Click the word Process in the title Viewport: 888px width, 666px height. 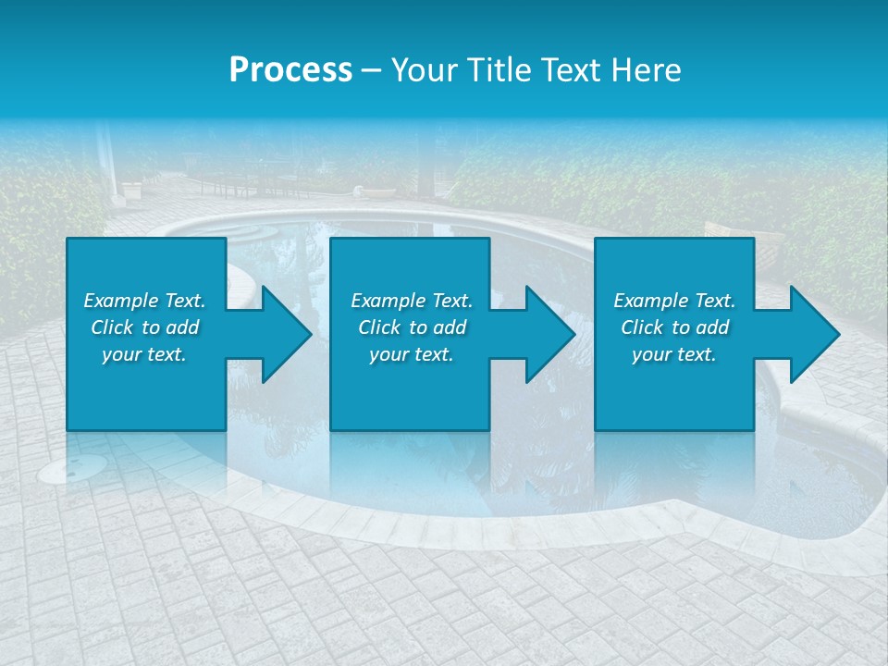[x=290, y=70]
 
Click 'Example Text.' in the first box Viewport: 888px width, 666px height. [x=144, y=301]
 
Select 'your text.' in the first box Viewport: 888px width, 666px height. [x=144, y=354]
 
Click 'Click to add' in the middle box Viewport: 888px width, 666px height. [x=412, y=327]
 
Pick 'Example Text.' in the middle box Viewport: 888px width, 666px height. [x=412, y=301]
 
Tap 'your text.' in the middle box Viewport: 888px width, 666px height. [x=412, y=354]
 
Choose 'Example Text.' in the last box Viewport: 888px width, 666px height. [x=674, y=301]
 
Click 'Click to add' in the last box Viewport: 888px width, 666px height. [x=674, y=327]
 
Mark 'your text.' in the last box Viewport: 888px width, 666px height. [x=674, y=354]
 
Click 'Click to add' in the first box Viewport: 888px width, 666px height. [x=144, y=327]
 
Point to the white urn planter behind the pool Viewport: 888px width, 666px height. [x=131, y=191]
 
